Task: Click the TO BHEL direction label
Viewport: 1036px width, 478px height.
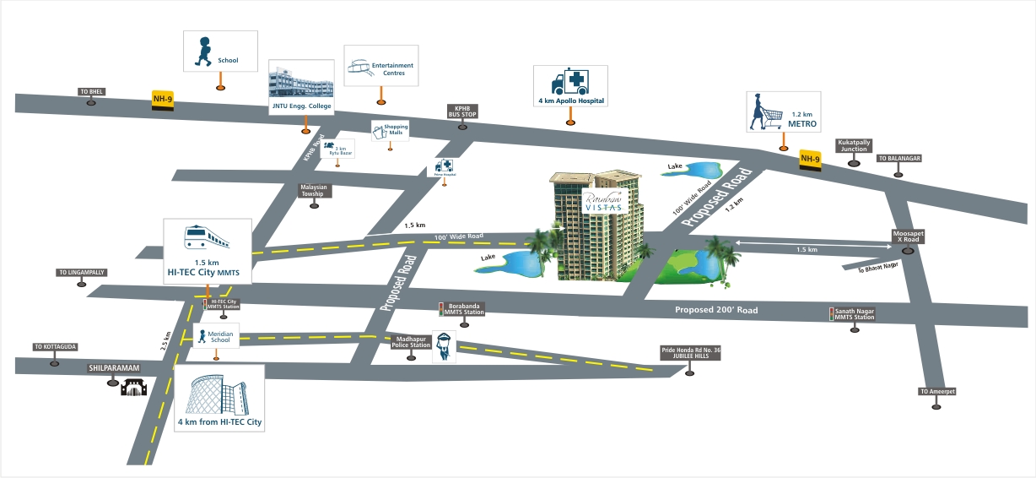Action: pos(91,91)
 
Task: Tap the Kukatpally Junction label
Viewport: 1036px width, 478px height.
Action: pos(853,146)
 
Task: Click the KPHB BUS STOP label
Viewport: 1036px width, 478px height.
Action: pos(461,112)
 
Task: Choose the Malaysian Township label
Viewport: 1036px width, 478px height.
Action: pos(312,191)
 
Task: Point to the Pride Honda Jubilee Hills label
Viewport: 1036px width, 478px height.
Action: pos(692,353)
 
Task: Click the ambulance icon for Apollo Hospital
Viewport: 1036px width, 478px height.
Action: pos(568,82)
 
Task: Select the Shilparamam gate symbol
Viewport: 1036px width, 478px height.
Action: pos(134,388)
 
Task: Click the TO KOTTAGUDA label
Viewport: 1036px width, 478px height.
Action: pos(55,346)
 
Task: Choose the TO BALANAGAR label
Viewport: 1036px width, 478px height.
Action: pos(898,158)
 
